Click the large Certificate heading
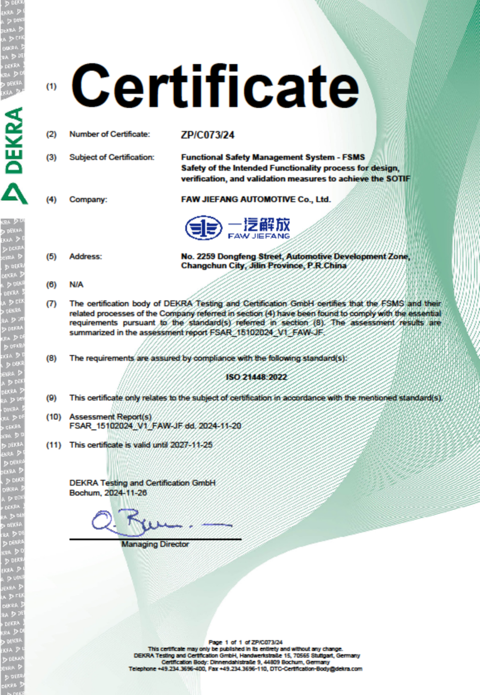point(215,86)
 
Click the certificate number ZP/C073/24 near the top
point(207,135)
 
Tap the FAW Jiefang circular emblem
point(204,228)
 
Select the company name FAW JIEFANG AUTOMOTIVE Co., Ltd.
point(256,200)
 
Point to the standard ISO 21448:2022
point(256,377)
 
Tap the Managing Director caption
point(155,544)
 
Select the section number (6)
point(52,284)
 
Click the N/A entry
point(76,284)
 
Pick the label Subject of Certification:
point(112,157)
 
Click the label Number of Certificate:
point(109,134)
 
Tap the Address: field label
point(85,256)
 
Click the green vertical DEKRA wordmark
point(14,140)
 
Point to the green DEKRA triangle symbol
point(14,194)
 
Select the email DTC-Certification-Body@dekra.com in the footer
point(316,668)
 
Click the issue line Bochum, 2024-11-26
point(108,493)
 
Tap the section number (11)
point(53,445)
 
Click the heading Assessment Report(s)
point(110,417)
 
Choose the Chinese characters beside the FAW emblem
point(259,224)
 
